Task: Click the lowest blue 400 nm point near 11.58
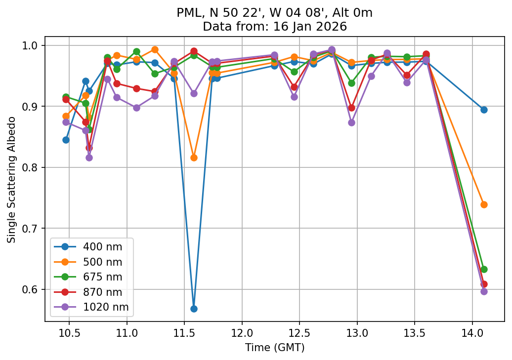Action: click(x=194, y=309)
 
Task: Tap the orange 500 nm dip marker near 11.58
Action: click(x=194, y=158)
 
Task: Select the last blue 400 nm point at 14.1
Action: click(x=484, y=110)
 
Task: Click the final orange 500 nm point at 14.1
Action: click(x=484, y=204)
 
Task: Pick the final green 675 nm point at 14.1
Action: click(x=484, y=269)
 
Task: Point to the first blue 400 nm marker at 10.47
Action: click(x=66, y=140)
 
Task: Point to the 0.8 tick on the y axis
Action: click(x=33, y=167)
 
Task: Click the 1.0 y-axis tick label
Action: click(x=33, y=45)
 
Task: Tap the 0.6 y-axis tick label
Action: click(x=33, y=289)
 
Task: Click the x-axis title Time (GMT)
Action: click(x=274, y=348)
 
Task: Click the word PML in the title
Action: click(x=187, y=13)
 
